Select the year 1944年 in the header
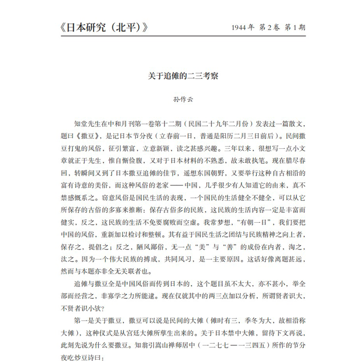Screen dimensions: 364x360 (235, 27)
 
